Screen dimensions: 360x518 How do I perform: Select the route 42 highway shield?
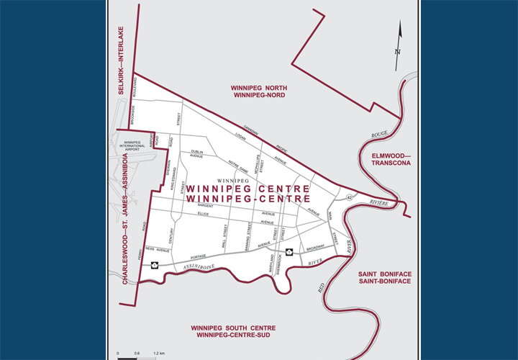[349, 197]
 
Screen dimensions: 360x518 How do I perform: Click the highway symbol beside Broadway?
[288, 251]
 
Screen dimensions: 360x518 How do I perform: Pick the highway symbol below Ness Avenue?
[153, 265]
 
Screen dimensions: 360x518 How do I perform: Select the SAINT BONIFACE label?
[384, 277]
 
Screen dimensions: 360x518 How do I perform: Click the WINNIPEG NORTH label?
[258, 91]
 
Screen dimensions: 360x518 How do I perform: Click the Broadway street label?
[316, 247]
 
